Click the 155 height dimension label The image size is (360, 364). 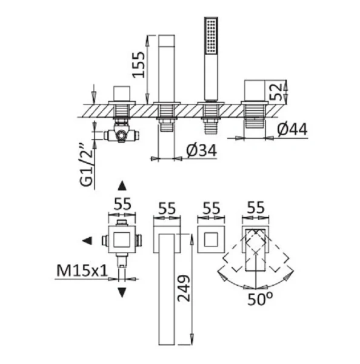tap(138, 65)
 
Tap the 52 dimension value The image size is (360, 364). tap(276, 92)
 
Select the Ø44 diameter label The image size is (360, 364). tap(292, 129)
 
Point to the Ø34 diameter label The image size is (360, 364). tap(201, 151)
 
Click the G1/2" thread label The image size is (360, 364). tap(87, 166)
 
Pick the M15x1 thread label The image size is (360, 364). tap(82, 271)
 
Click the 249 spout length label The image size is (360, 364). tap(184, 289)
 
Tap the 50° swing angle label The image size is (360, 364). tap(260, 299)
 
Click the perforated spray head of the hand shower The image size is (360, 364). tap(211, 36)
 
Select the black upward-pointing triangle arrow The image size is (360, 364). tap(122, 186)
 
